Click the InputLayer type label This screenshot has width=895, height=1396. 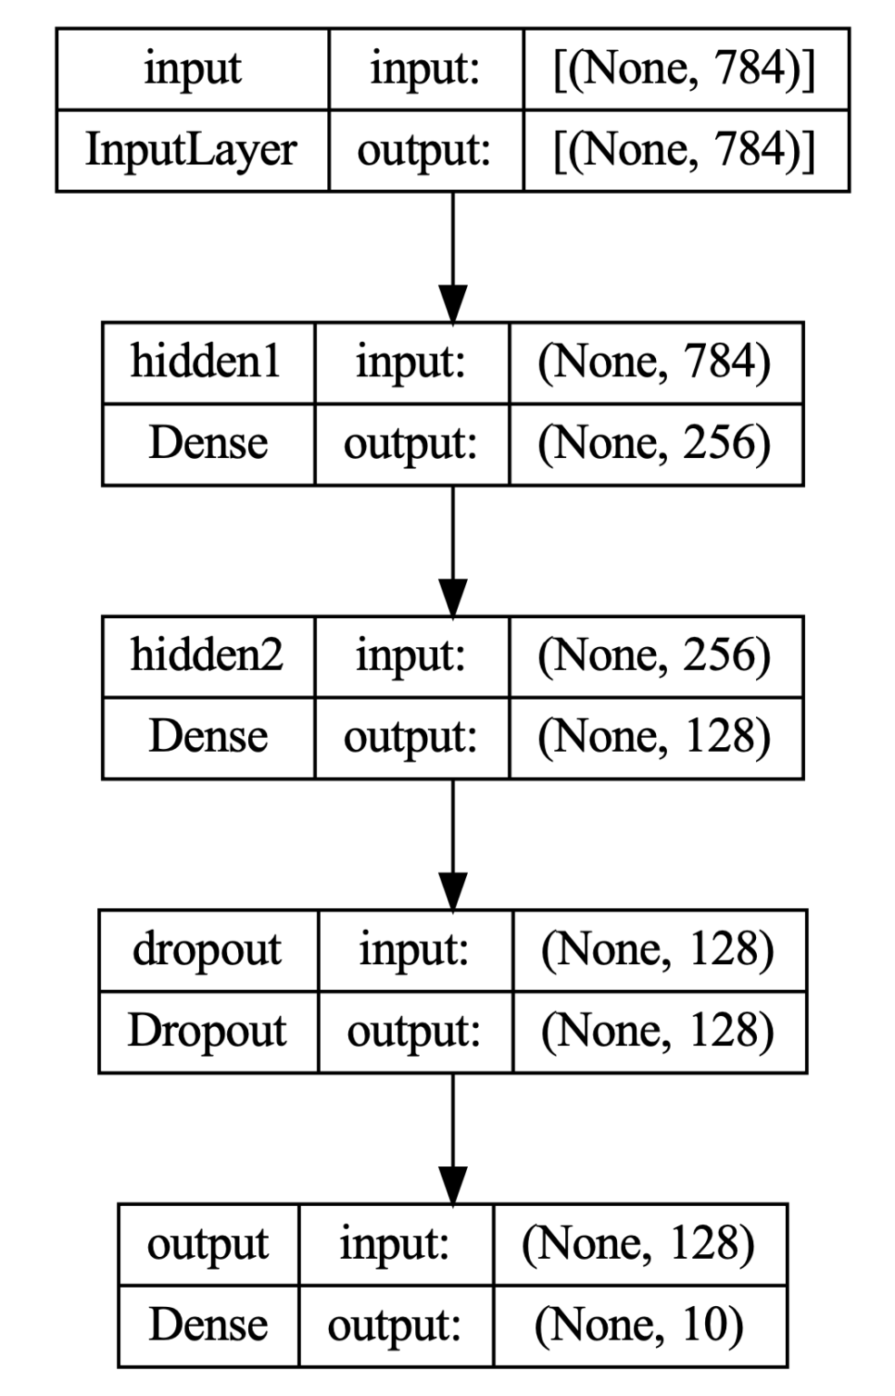(x=191, y=151)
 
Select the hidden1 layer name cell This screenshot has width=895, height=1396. (x=207, y=362)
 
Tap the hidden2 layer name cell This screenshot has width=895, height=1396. (x=207, y=655)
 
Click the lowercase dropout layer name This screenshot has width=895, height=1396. (x=207, y=950)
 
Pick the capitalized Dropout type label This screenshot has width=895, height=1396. (x=207, y=1031)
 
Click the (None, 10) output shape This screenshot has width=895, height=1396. (x=639, y=1325)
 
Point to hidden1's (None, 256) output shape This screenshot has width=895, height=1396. (x=654, y=444)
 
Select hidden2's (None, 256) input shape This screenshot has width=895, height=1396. (x=654, y=655)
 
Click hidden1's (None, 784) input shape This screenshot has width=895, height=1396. (x=654, y=362)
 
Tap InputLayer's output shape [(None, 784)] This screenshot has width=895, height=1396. (x=685, y=151)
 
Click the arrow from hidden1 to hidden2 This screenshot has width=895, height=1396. (x=452, y=550)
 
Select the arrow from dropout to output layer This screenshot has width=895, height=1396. (x=452, y=1138)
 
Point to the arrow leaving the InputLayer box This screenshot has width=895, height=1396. (x=452, y=256)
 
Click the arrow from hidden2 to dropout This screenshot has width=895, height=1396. (x=452, y=843)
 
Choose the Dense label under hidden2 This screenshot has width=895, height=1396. (x=207, y=737)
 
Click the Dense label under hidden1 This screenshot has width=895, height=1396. (x=207, y=444)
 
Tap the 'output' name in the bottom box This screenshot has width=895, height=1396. (x=207, y=1244)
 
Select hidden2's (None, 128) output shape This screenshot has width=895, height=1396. (x=654, y=737)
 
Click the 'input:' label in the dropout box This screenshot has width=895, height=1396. (x=413, y=950)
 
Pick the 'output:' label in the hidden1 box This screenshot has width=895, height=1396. (x=410, y=444)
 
